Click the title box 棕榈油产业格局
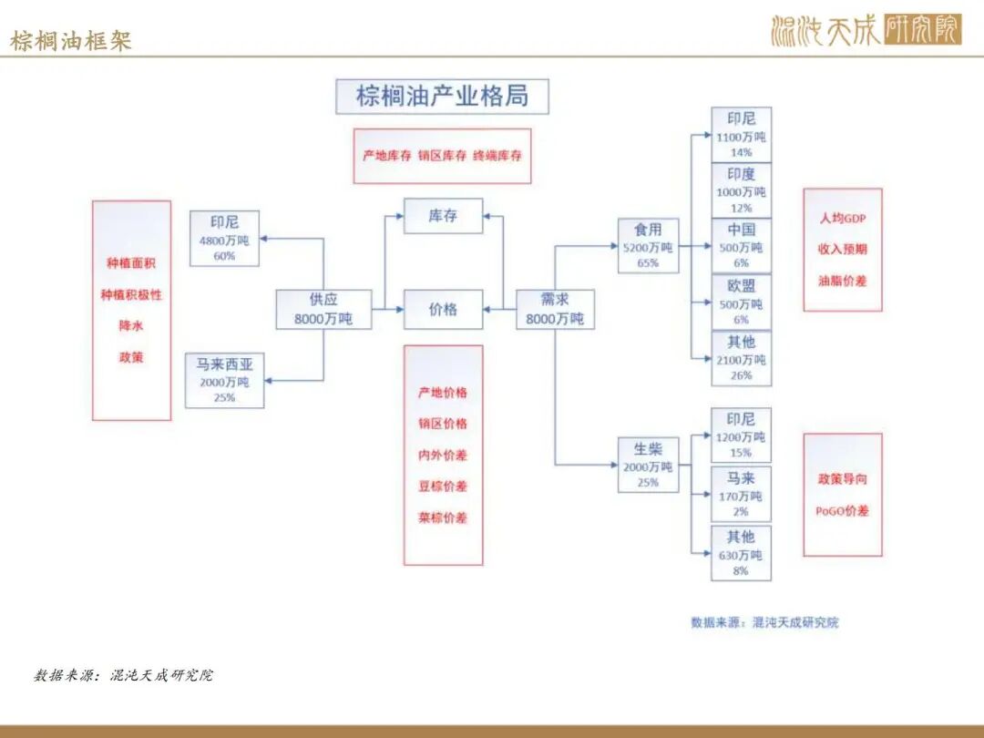coord(442,96)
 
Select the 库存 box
coord(443,216)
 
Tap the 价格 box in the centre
coord(443,310)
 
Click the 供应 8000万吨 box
coord(323,310)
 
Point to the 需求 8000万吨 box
coord(555,310)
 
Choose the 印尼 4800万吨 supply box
coord(224,239)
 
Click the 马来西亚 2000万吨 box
coord(224,380)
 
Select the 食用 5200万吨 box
coord(649,245)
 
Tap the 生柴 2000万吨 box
coord(649,465)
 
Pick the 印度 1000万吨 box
coord(741,190)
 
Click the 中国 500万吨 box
coord(741,246)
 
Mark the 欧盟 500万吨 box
coord(741,302)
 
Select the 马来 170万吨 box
coord(741,495)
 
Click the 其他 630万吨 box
coord(741,554)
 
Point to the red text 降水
coord(131,325)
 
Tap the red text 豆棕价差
coord(443,487)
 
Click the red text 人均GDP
coord(842,219)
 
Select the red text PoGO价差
coord(842,511)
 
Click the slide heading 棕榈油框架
coord(70,40)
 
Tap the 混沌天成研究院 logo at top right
coord(866,29)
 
